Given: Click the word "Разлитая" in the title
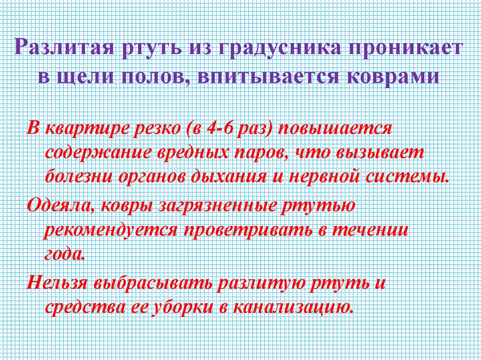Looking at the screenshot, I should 65,48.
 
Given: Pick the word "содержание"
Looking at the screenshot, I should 95,153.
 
